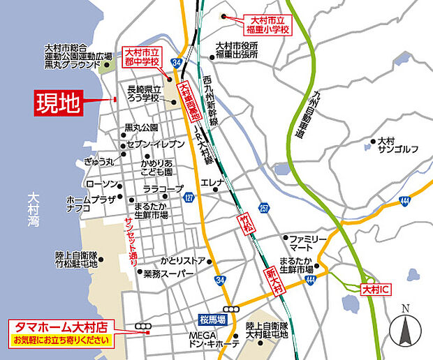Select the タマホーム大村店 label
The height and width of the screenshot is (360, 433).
coord(61,326)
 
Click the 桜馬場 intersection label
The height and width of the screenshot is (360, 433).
coord(212,318)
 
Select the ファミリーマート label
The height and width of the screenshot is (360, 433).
coord(307,243)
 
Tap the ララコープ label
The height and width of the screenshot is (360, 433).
coord(163,188)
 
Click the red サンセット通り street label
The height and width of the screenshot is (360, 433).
coord(130,237)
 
